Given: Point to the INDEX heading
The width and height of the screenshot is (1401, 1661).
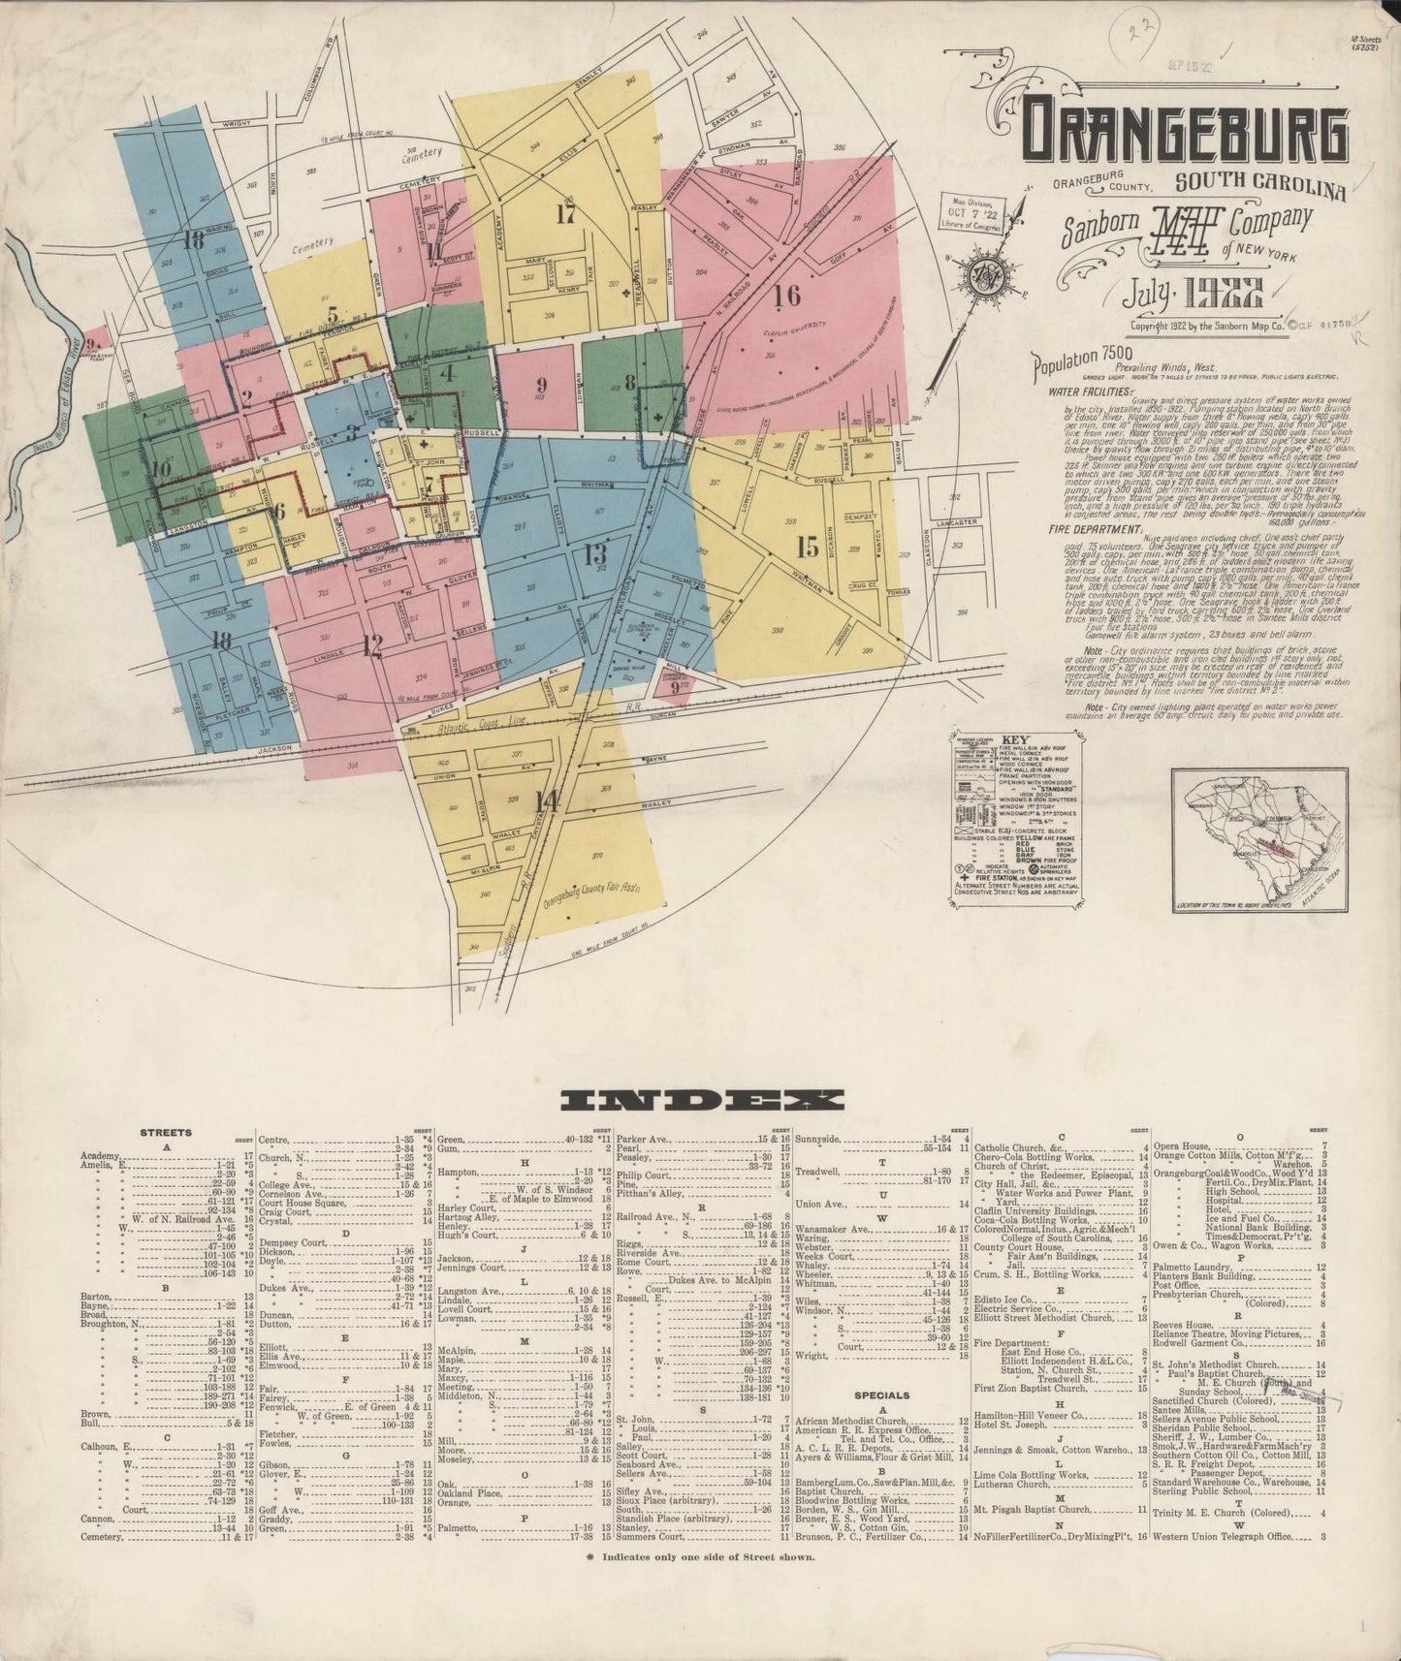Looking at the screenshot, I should tap(703, 1099).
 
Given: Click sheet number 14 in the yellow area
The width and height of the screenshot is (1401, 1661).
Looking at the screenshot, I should tap(548, 801).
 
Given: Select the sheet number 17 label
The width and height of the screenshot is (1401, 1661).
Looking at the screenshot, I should tap(567, 214).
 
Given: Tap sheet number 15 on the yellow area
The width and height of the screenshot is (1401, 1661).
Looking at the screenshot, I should tap(808, 547).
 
